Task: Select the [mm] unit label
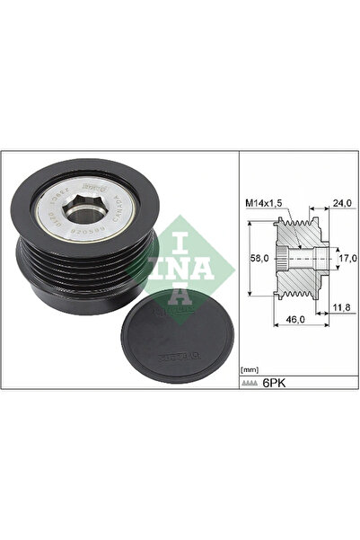coord(250,369)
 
